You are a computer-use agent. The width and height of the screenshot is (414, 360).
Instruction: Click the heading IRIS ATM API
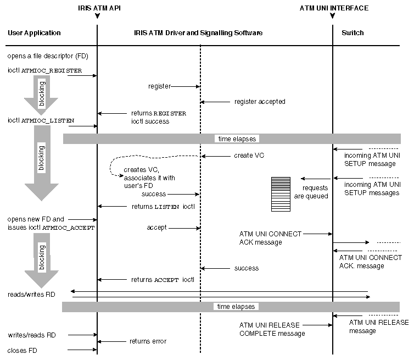(97, 8)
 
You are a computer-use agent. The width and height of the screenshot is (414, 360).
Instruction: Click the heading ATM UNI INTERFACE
(334, 8)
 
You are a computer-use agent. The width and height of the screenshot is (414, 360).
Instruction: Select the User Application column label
(34, 33)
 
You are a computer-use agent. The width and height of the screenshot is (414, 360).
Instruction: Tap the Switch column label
(353, 33)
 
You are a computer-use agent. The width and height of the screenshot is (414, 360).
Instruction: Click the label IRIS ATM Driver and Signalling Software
(198, 33)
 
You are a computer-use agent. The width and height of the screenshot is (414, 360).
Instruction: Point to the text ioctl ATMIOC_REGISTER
(44, 71)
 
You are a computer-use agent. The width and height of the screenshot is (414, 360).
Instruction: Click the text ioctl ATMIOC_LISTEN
(41, 120)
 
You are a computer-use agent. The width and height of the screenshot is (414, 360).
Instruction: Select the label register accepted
(260, 102)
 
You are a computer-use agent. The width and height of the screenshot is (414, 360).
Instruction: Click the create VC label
(249, 156)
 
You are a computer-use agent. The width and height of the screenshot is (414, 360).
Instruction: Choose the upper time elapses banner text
(236, 139)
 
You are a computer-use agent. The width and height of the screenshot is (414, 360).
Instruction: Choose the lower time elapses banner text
(236, 307)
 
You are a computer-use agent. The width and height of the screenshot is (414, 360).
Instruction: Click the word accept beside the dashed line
(156, 227)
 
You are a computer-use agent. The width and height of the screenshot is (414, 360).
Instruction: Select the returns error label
(148, 341)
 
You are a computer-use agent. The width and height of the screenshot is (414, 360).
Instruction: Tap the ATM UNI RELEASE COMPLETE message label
(272, 329)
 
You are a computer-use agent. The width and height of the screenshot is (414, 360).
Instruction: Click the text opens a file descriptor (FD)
(48, 56)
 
